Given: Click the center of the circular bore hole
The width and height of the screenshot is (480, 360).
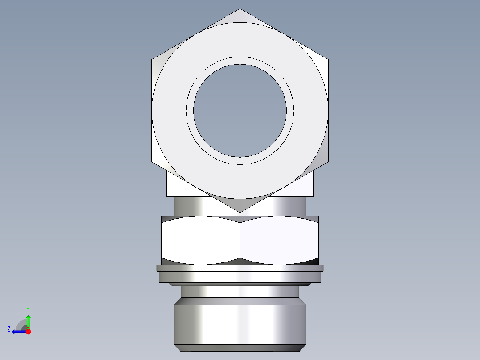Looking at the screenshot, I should pos(240,110).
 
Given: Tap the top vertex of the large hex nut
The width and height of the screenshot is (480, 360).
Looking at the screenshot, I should pos(240,9).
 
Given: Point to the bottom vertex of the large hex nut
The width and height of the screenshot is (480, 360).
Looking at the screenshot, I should pos(240,212).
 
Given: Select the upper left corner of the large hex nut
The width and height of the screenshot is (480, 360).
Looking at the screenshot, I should pos(152,59).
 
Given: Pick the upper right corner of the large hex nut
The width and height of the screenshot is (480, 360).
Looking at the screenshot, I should pos(328,59).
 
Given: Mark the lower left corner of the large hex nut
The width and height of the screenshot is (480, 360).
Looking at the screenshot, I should pos(152,162).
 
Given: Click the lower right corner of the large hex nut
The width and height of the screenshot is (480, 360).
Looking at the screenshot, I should pos(328,162).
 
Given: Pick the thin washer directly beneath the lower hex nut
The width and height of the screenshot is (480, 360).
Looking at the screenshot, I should pos(240,268).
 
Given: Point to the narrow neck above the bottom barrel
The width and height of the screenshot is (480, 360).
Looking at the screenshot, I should pos(240,291).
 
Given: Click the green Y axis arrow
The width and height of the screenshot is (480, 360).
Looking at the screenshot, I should pos(28,321).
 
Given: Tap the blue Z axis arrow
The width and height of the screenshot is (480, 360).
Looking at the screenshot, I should pos(18,331).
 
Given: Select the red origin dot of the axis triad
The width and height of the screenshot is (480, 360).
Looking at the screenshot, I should pos(28,331).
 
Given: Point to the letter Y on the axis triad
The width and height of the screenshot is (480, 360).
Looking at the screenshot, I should pos(28,309).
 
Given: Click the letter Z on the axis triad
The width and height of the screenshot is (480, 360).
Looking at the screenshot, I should pos(9,329).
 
